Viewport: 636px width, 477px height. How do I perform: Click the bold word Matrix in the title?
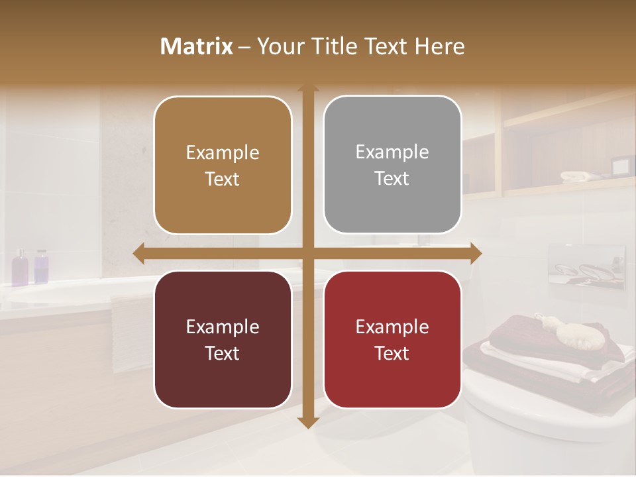[x=196, y=46]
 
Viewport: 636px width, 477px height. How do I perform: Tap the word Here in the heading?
[x=439, y=46]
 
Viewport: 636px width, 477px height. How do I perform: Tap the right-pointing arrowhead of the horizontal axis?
[x=476, y=253]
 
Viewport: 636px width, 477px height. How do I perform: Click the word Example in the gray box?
[x=392, y=152]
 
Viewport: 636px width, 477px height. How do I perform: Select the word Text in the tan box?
[x=223, y=180]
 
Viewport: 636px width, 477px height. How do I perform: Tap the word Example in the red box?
[x=392, y=327]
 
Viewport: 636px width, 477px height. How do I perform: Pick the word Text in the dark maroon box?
[x=223, y=353]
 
